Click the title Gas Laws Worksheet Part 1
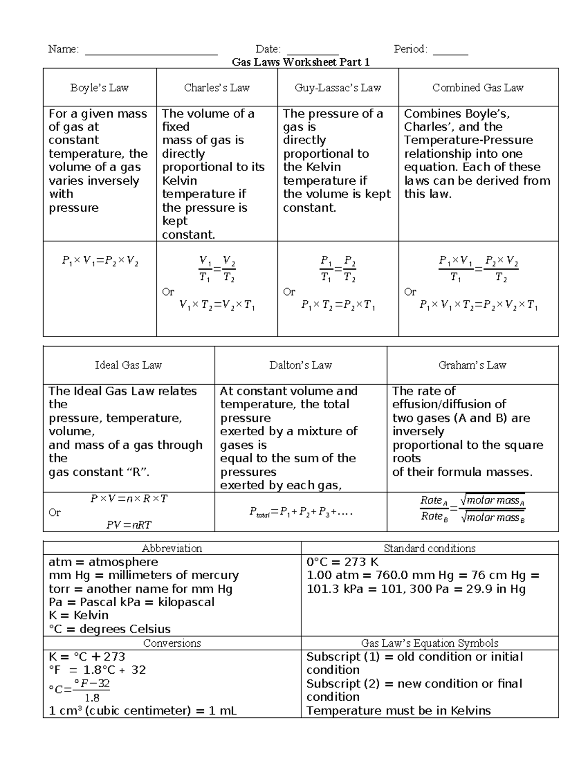300,62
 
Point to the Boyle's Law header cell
99,88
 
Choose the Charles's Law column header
217,88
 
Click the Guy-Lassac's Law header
338,88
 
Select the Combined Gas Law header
478,88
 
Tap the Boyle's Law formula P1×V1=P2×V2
100,261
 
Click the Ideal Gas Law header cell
128,365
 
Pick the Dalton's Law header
300,365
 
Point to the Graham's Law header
472,365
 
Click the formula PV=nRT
129,525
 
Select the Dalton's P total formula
300,513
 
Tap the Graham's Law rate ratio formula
472,509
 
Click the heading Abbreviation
171,548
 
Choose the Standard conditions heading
429,548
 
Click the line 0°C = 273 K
343,562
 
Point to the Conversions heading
171,643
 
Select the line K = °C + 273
87,657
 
